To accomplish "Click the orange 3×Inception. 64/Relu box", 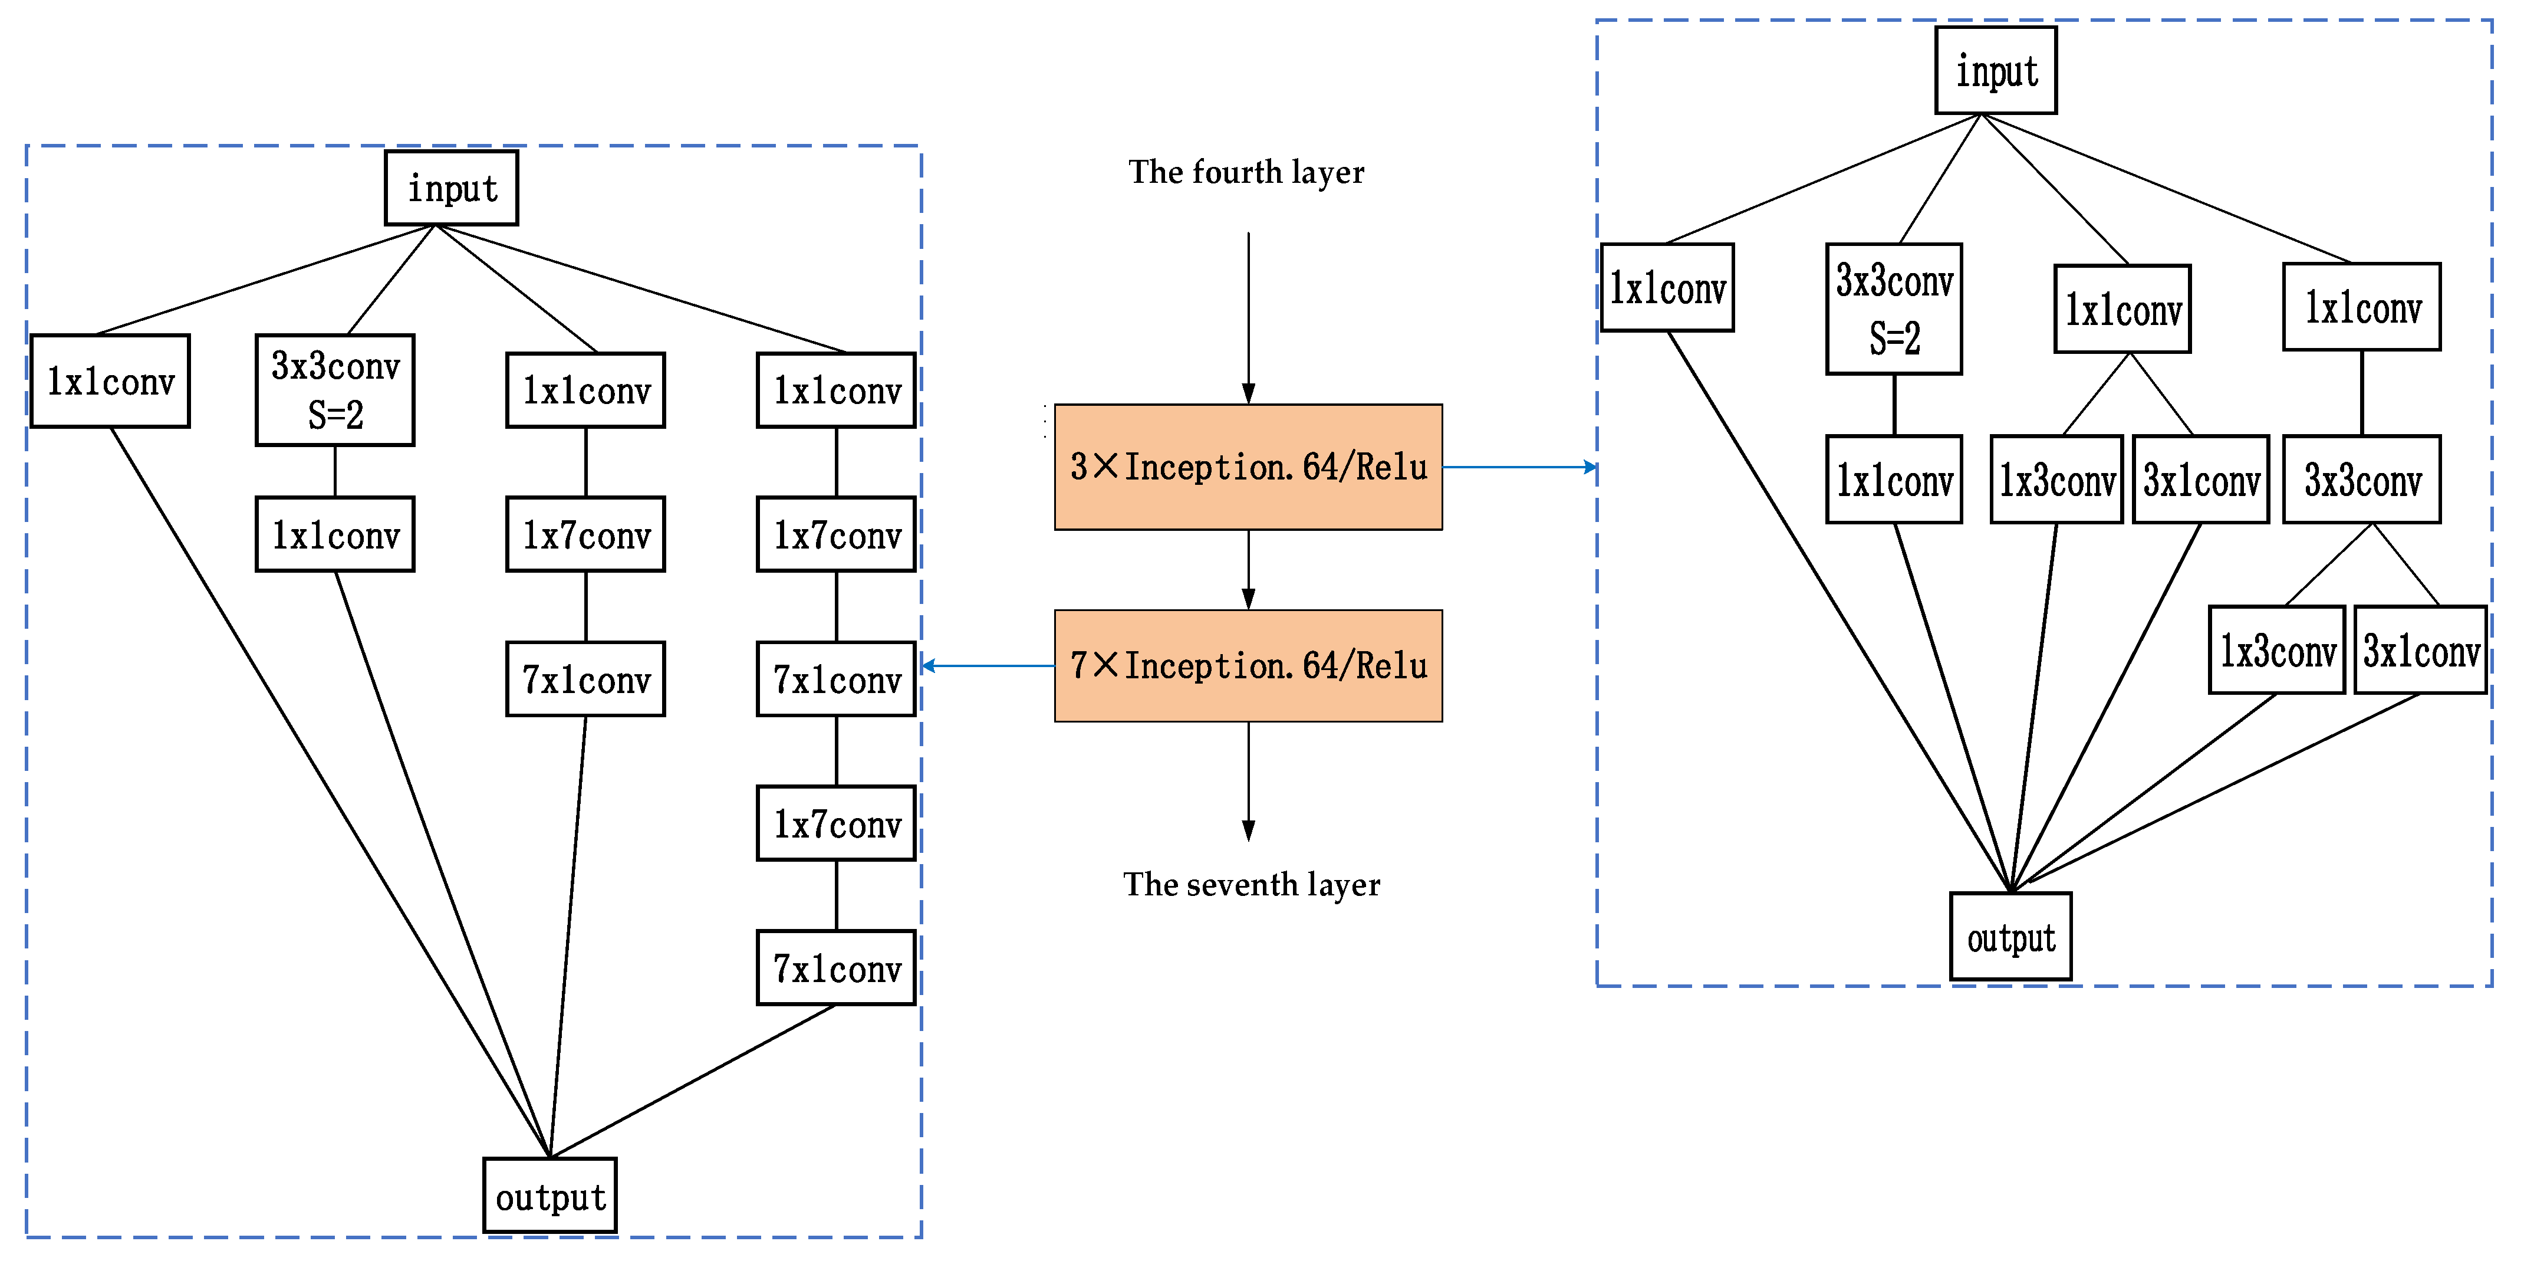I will pyautogui.click(x=1248, y=467).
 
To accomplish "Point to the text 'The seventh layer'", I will pyautogui.click(x=1251, y=885).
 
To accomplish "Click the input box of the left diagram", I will pyautogui.click(x=452, y=188).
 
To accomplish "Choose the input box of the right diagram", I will pyautogui.click(x=1995, y=71).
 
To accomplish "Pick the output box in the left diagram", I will pyautogui.click(x=549, y=1196).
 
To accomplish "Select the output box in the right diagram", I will pyautogui.click(x=2010, y=937).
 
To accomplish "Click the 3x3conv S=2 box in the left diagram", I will pyautogui.click(x=335, y=390).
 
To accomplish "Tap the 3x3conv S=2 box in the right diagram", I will pyautogui.click(x=1893, y=308).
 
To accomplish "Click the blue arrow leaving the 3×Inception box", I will pyautogui.click(x=1519, y=467).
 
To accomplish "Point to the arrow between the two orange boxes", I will pyautogui.click(x=1248, y=570).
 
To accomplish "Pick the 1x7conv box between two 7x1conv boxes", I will pyautogui.click(x=836, y=823).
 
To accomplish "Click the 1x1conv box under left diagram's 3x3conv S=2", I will pyautogui.click(x=335, y=534).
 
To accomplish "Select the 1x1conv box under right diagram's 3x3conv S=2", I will pyautogui.click(x=1893, y=479).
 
